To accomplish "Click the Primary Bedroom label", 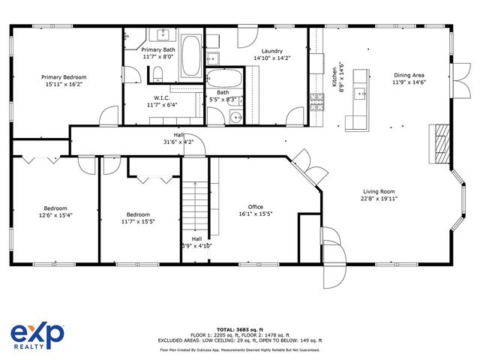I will (64, 77).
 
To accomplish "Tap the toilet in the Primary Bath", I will (158, 73).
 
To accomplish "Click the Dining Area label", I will (409, 75).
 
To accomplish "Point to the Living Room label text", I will (379, 191).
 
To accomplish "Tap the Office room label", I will (256, 207).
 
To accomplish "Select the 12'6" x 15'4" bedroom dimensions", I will (55, 215).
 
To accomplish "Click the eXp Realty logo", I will (37, 334).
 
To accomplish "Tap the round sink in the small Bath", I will (235, 118).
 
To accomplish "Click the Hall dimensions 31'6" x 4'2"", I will (178, 142).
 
